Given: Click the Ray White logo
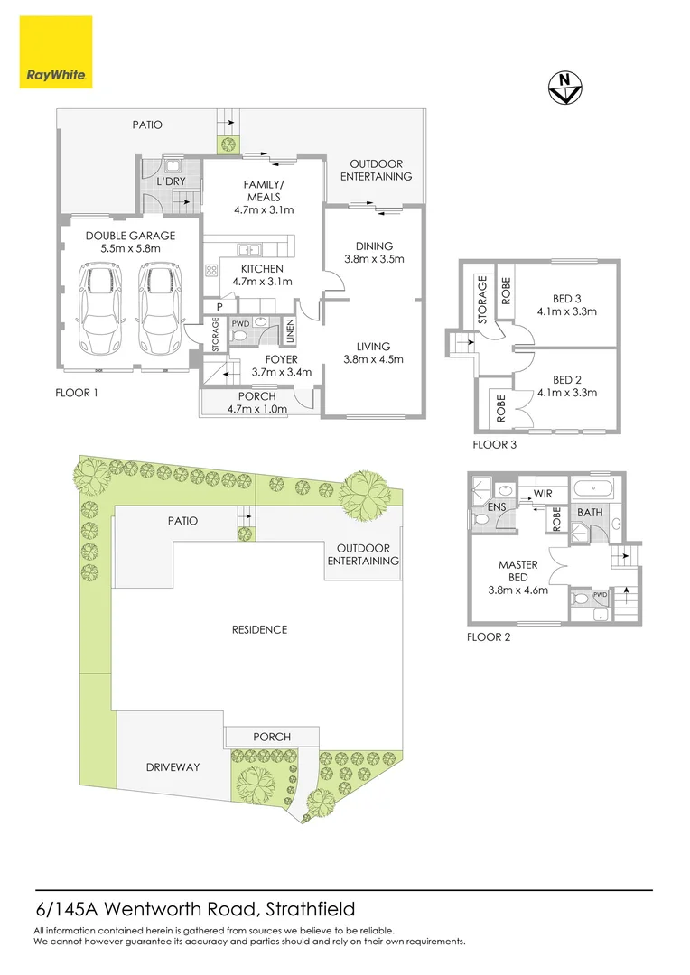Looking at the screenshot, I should point(54,53).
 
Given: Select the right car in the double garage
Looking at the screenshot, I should point(158,310).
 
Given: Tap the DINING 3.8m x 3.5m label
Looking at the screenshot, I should point(374,252).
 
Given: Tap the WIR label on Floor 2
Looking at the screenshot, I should point(543,495).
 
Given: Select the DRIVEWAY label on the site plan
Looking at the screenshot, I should point(172,767).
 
